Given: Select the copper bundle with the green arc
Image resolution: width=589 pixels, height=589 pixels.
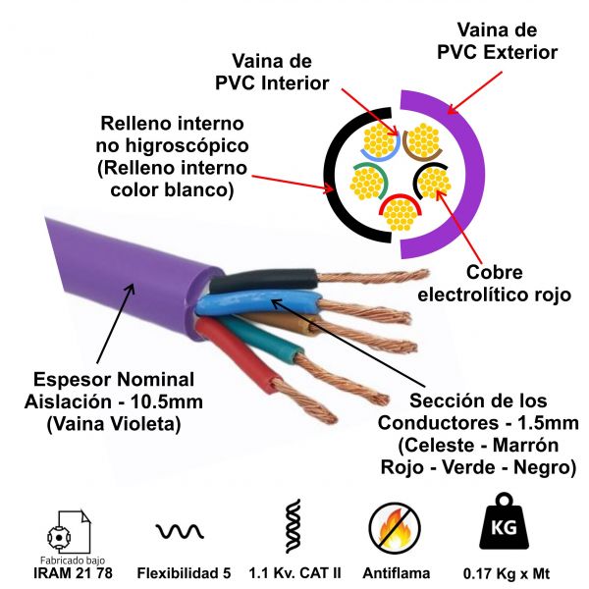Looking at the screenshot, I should [367, 183].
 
